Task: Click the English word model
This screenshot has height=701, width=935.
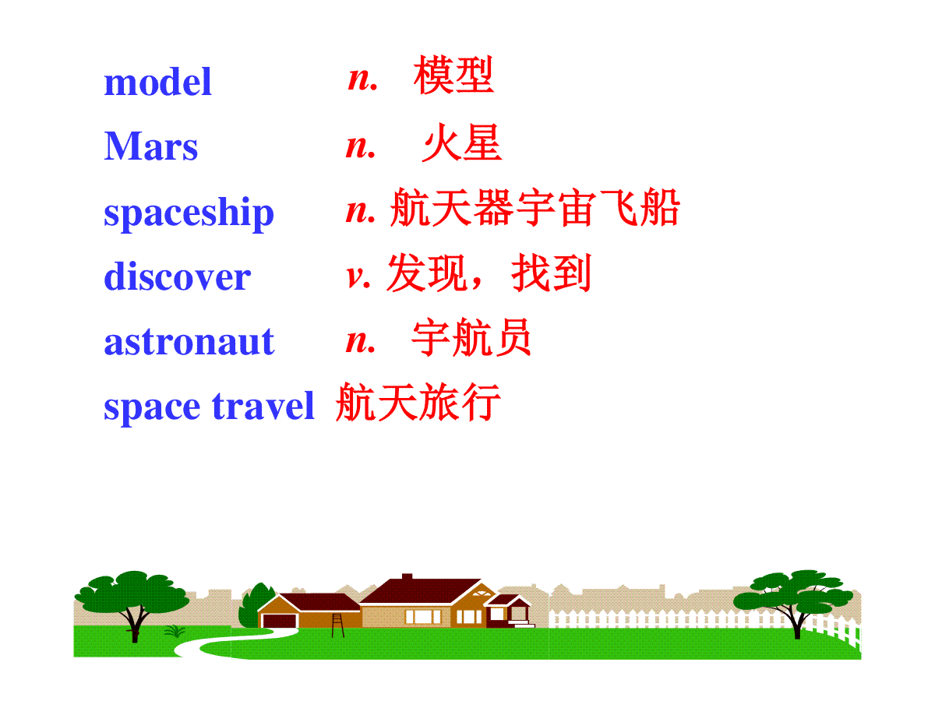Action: point(157,81)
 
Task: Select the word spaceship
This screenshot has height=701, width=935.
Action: point(189,214)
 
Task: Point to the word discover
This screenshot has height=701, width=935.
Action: point(177,277)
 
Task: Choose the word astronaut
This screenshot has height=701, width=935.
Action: point(189,342)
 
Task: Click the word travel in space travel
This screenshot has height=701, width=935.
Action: point(263,406)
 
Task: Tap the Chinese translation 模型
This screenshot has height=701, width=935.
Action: point(453,75)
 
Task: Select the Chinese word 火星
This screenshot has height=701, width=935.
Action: point(462,143)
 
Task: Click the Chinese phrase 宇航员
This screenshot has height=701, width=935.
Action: point(471,337)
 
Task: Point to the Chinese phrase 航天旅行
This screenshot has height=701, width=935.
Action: point(418,402)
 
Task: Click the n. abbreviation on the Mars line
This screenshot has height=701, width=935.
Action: point(361,147)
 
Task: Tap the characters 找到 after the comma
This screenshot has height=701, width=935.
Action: point(551,273)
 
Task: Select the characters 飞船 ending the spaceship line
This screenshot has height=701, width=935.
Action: point(639,207)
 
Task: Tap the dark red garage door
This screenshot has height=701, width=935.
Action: point(280,621)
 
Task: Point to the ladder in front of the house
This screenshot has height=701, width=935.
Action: point(338,625)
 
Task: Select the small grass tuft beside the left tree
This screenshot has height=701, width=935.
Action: point(175,631)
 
